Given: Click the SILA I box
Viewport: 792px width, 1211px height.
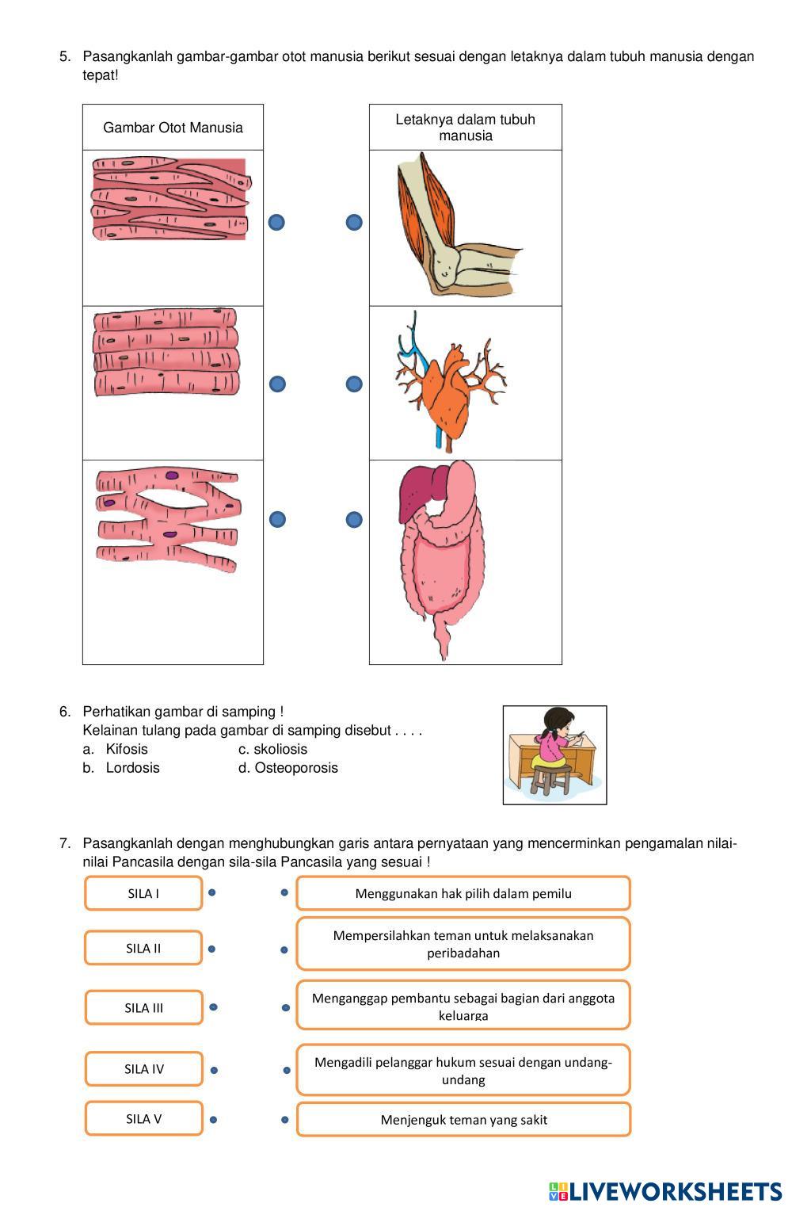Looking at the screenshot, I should [143, 893].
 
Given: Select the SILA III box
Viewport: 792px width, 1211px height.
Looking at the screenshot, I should [143, 1008].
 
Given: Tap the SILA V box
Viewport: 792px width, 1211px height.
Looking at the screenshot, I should [143, 1119].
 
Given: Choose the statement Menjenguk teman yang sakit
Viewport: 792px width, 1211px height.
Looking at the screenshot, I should [463, 1120].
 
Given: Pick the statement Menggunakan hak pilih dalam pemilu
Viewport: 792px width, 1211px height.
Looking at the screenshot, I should [463, 893].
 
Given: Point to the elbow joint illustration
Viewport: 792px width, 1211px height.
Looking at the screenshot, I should [452, 226].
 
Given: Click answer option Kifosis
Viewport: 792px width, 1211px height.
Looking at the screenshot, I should [127, 749].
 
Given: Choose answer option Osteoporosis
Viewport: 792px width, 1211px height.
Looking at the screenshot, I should [295, 768].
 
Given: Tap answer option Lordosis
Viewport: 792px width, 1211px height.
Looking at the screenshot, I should [132, 768].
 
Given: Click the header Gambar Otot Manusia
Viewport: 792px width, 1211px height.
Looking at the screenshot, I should [173, 128].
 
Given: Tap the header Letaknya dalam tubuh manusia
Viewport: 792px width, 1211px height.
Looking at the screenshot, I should [465, 128].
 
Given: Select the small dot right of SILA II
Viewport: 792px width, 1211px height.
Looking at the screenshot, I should [212, 949].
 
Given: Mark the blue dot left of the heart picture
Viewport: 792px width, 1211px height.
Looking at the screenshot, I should [354, 384].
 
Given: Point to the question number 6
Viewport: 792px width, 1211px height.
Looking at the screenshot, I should [64, 712].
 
